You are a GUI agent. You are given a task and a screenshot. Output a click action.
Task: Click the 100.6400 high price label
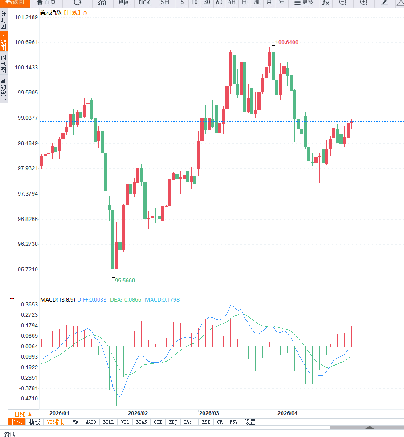tap(286, 42)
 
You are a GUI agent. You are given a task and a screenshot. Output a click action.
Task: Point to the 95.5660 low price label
tap(125, 280)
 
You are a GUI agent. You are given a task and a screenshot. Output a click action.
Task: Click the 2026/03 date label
tap(209, 413)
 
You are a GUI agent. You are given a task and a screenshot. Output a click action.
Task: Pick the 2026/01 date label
tap(59, 413)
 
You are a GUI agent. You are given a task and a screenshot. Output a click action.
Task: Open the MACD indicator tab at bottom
tap(90, 422)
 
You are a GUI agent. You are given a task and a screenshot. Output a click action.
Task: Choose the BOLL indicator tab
tap(108, 422)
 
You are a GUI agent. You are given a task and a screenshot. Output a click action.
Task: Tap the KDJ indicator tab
tap(173, 422)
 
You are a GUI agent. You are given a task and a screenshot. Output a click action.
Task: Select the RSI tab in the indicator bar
tap(205, 422)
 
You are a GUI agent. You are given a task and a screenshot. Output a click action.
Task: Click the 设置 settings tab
tap(250, 422)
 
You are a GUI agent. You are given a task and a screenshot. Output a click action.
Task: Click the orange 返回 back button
tap(15, 3)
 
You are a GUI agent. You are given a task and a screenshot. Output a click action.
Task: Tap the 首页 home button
tap(46, 3)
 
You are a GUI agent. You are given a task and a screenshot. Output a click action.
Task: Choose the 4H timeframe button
tap(232, 3)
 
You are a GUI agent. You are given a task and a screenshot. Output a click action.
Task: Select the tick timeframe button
tap(144, 3)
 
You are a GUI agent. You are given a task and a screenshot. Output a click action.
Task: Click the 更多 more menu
tap(304, 3)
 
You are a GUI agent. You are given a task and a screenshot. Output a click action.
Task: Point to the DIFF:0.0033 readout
tap(92, 300)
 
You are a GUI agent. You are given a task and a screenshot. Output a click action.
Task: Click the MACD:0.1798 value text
tap(162, 300)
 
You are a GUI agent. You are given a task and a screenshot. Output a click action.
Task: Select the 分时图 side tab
tap(4, 20)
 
